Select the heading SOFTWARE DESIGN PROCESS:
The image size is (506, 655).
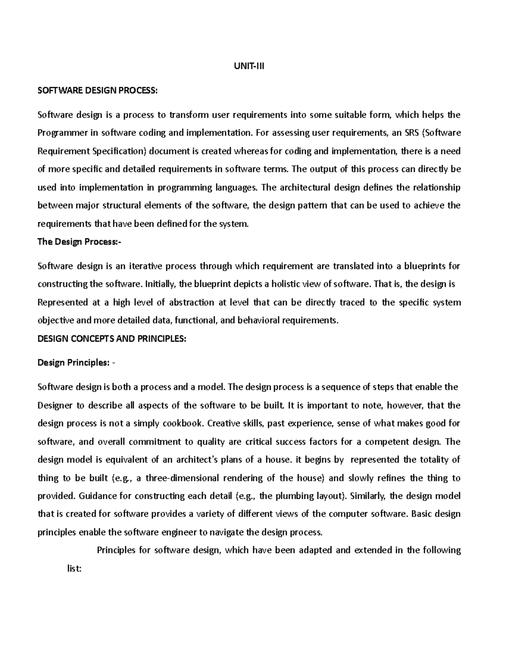click(x=97, y=90)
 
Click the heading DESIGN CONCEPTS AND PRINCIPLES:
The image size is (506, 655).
click(x=112, y=339)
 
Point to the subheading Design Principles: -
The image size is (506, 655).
click(x=76, y=363)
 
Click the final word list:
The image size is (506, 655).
click(x=74, y=569)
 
